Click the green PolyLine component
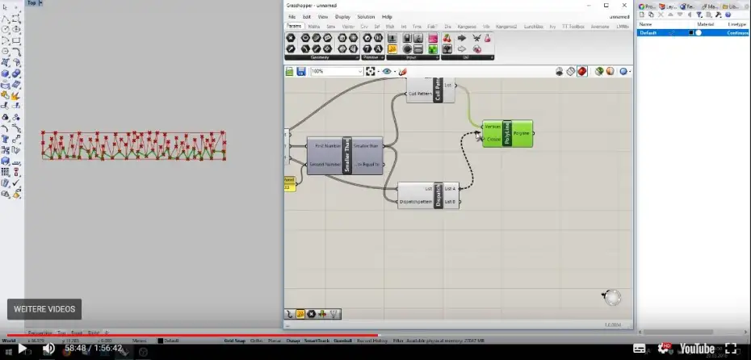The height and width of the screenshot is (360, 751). (x=507, y=133)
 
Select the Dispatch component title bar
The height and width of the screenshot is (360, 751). (x=438, y=195)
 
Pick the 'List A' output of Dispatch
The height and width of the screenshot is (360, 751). (x=450, y=188)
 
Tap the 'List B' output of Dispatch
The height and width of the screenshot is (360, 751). (x=450, y=201)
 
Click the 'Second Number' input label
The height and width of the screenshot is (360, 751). (x=327, y=164)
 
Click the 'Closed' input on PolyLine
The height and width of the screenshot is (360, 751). (x=493, y=140)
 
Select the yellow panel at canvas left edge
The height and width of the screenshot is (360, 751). (x=289, y=183)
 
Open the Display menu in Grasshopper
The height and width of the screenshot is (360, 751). (x=342, y=16)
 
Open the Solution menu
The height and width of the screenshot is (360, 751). (x=366, y=16)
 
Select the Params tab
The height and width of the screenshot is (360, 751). (x=295, y=27)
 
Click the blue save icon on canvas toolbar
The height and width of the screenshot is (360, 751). (x=301, y=71)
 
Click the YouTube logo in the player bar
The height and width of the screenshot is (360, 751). (x=696, y=348)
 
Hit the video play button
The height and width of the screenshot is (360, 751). (x=22, y=348)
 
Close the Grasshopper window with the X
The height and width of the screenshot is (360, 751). (x=627, y=5)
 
